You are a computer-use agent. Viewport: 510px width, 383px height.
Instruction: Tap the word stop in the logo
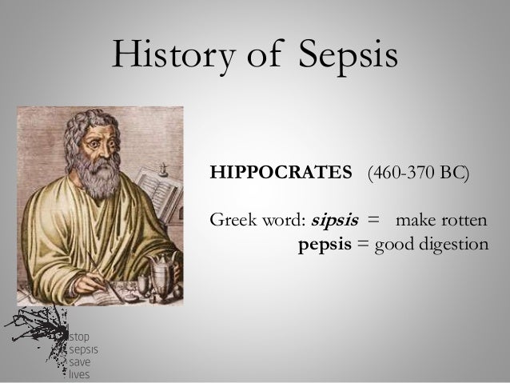click(81, 337)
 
